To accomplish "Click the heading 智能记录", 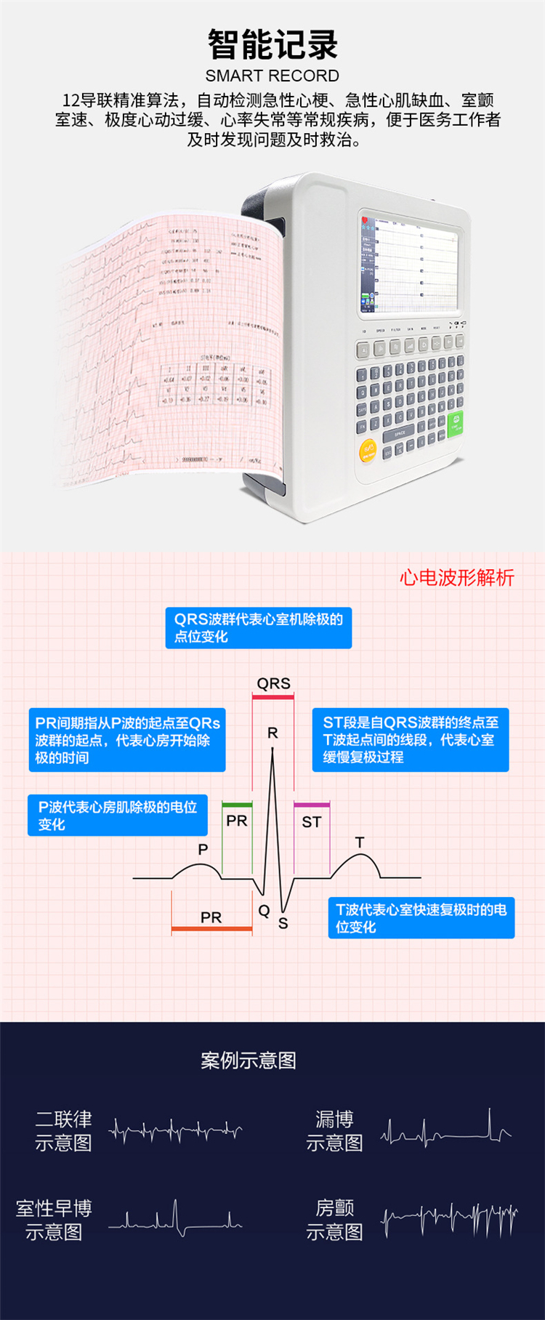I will point(272,45).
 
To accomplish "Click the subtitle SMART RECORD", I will point(272,76).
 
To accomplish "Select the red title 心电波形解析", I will point(456,578).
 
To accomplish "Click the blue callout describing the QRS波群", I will point(258,628).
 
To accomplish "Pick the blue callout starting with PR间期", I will point(126,740).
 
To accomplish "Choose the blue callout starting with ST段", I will point(410,739).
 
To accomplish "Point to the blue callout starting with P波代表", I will point(117,816).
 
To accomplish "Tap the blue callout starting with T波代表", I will point(421,918).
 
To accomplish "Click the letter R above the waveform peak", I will point(272,733).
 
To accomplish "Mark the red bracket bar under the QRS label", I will point(273,698).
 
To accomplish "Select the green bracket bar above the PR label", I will point(237,805).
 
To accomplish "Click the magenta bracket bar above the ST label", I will point(312,805).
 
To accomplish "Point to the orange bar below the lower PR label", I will point(211,929).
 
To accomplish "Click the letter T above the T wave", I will point(360,842).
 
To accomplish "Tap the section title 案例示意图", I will point(249,1061).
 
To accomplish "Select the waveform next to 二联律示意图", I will point(175,1130).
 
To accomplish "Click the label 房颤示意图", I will point(334,1220).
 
